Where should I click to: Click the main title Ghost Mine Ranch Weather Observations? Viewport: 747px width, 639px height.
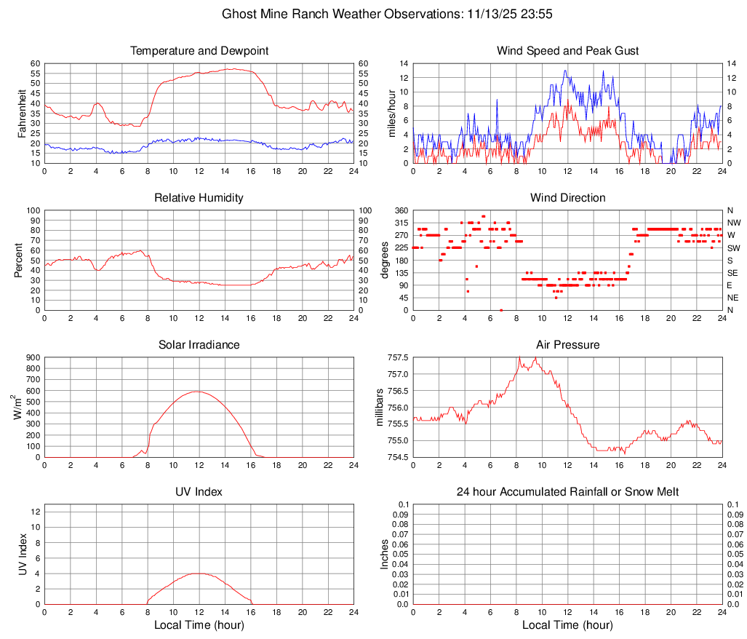coord(373,14)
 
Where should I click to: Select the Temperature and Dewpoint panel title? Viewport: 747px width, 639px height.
coord(199,51)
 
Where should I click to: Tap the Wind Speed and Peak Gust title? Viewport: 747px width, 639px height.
coord(568,51)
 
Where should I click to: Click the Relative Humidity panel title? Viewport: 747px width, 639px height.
coord(199,198)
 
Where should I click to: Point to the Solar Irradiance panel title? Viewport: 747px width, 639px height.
coord(199,344)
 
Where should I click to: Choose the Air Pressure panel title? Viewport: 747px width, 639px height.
coord(568,344)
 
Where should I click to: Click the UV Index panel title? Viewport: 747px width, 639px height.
coord(199,492)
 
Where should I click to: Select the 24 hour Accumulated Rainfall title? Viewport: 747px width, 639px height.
coord(568,492)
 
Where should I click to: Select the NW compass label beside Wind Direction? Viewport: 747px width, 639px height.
coord(733,223)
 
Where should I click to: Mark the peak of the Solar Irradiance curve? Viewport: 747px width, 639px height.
coord(197,392)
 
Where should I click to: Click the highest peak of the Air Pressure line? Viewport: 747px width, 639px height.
coord(519,356)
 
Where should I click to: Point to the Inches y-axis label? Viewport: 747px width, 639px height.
coord(385,554)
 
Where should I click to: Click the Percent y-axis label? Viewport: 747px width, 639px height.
coord(20,260)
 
